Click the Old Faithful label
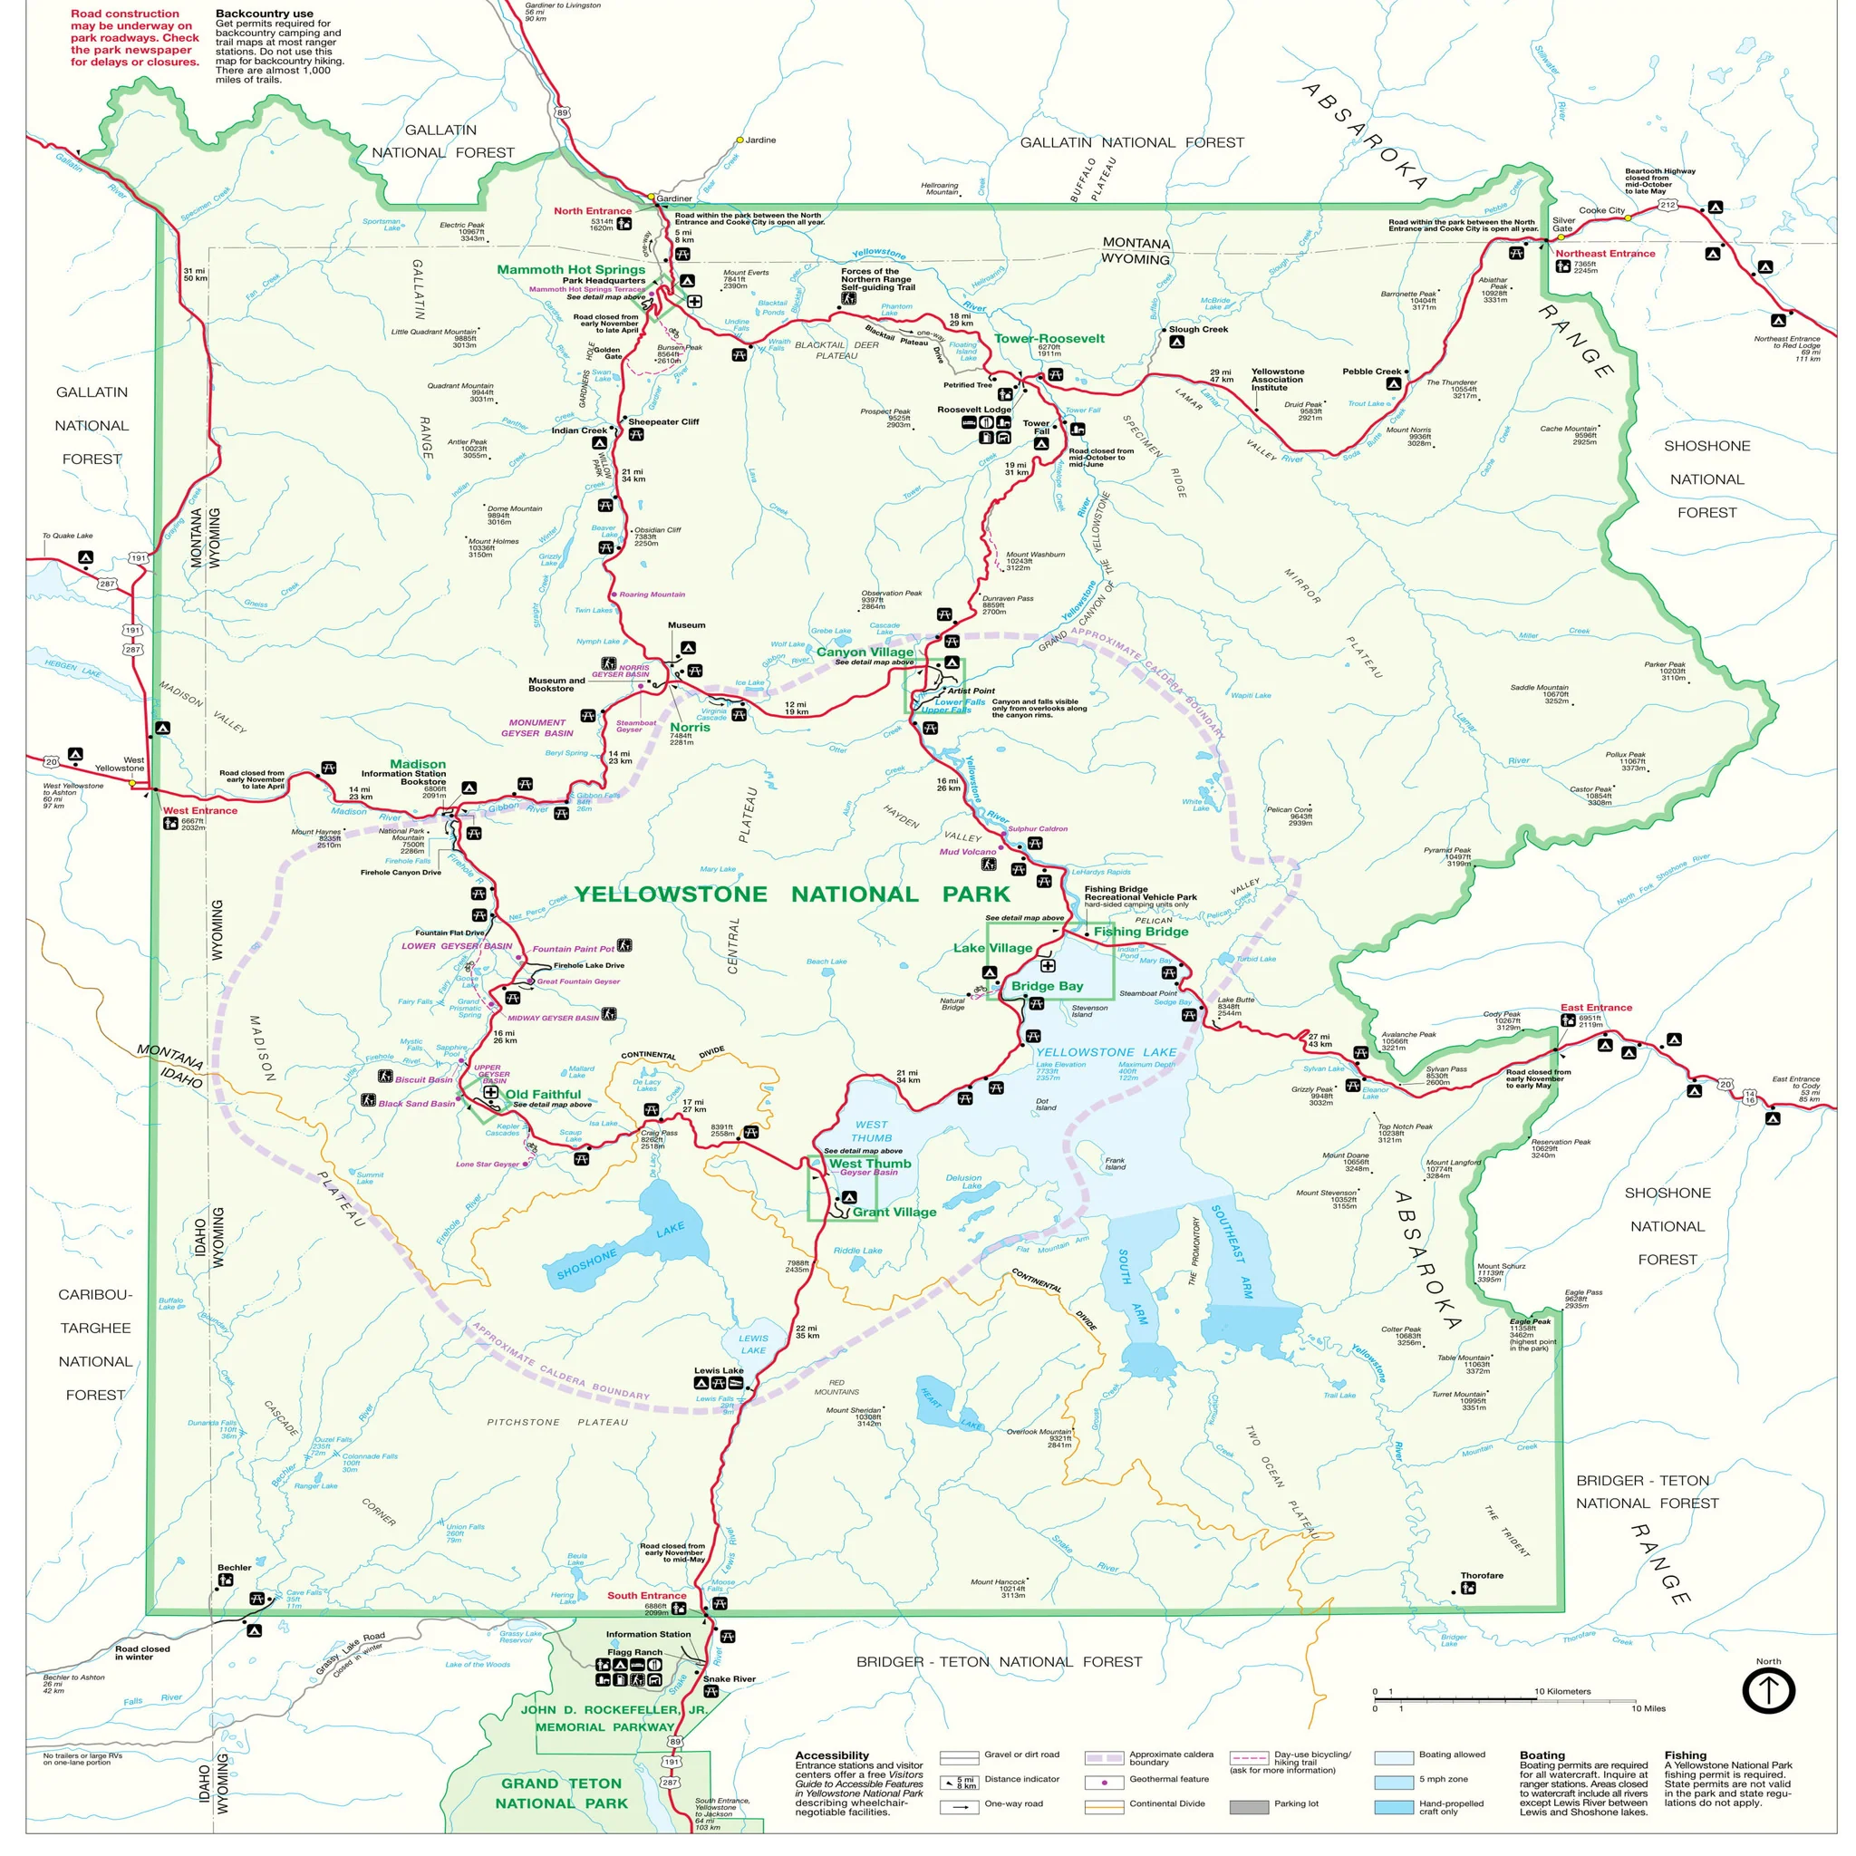tap(543, 1094)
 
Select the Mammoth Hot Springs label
tap(571, 270)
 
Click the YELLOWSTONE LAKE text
tap(1106, 1052)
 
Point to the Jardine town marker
tap(739, 140)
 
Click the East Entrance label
tap(1596, 1008)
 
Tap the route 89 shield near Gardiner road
tap(562, 112)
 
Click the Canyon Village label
tap(865, 652)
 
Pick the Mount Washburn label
tap(1035, 555)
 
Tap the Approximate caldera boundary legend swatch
tap(1104, 1758)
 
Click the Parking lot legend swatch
tap(1249, 1807)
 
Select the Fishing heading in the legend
tap(1685, 1754)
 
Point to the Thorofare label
tap(1482, 1575)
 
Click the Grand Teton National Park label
tap(561, 1793)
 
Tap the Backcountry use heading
tap(265, 14)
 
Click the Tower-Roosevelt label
tap(1049, 338)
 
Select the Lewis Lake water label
tap(753, 1344)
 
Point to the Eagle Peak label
tap(1530, 1321)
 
